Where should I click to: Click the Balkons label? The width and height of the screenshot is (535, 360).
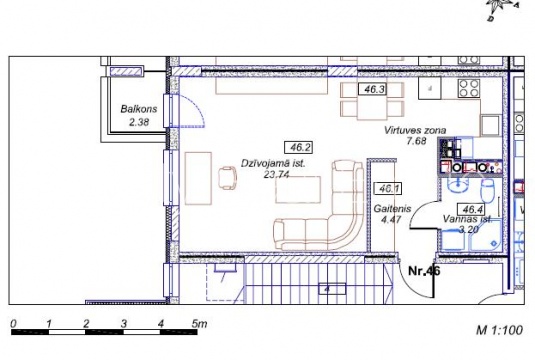[139, 109]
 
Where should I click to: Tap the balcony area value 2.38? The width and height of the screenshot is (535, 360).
[139, 122]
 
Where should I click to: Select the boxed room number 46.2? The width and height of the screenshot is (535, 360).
[299, 148]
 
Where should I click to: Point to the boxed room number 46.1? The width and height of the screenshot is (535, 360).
[388, 189]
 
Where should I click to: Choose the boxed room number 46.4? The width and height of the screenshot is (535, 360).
[472, 208]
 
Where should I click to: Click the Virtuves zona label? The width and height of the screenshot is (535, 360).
[415, 130]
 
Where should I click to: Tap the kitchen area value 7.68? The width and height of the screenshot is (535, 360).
[416, 141]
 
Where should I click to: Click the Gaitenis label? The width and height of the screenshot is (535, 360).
[392, 208]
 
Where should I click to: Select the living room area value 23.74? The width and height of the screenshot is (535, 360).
[276, 174]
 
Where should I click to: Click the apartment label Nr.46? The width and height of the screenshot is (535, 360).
[424, 271]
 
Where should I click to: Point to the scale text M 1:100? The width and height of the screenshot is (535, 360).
[500, 330]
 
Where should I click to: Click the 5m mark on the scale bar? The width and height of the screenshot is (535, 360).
[200, 323]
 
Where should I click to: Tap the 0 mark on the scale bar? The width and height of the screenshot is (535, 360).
[13, 323]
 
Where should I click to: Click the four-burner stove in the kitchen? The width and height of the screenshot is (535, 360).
[469, 88]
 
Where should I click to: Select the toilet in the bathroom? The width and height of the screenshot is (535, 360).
[487, 191]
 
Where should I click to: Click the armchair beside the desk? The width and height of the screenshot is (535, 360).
[228, 178]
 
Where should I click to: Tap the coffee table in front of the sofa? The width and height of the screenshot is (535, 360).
[298, 190]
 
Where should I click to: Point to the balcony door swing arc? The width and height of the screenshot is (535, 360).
[197, 106]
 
